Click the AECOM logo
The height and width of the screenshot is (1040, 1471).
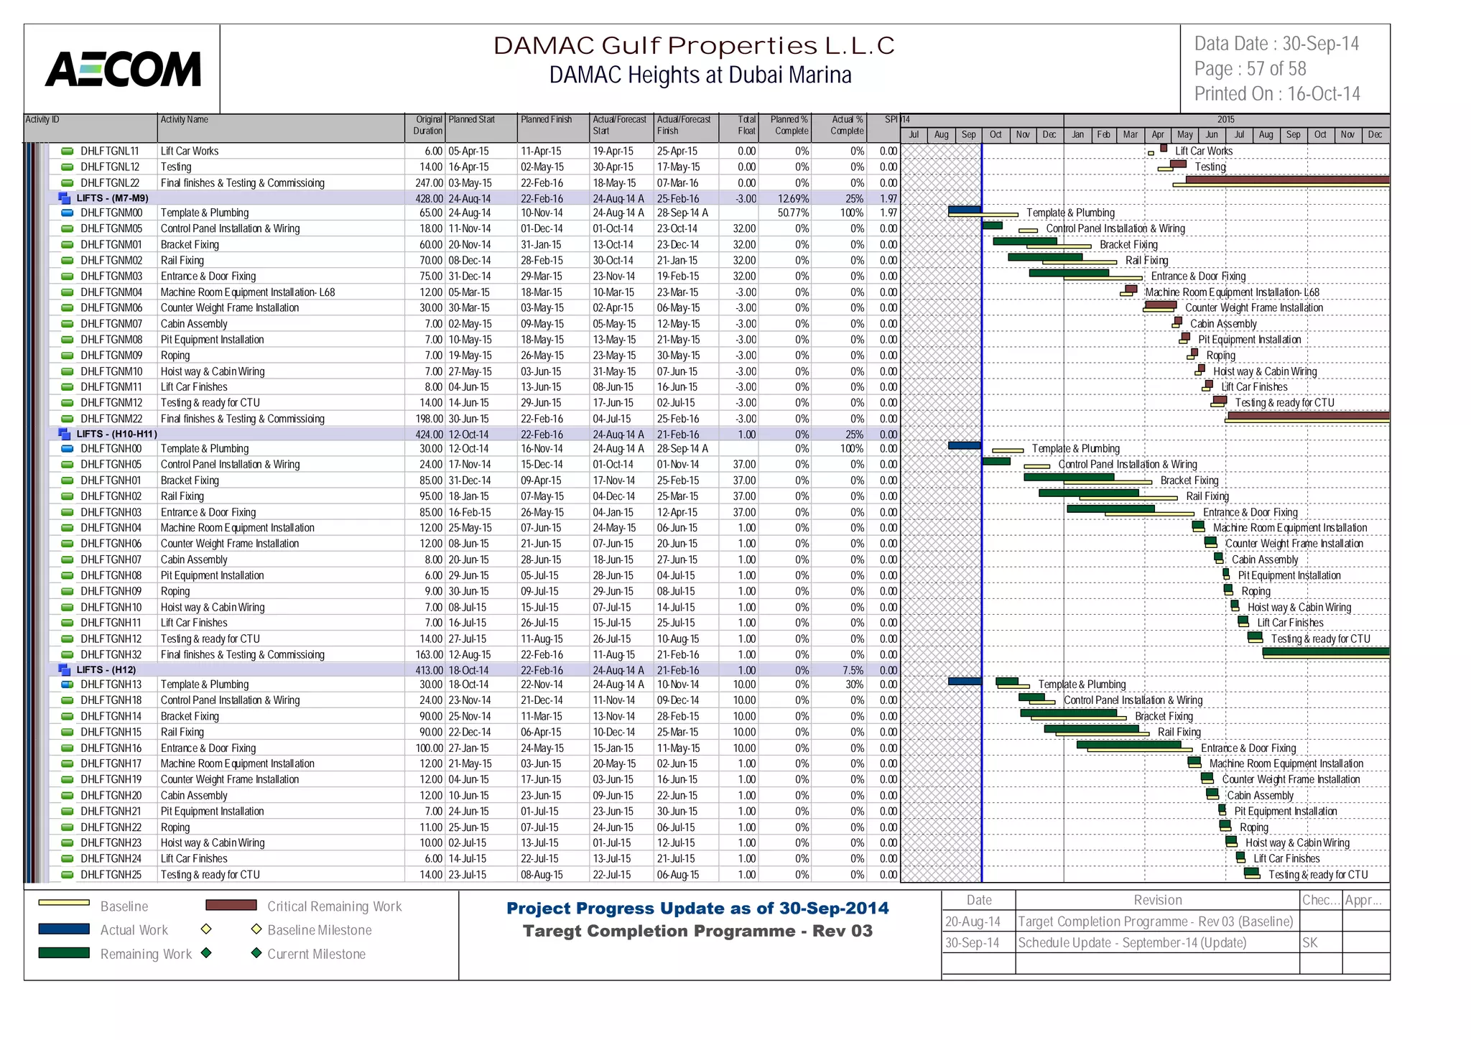(x=123, y=69)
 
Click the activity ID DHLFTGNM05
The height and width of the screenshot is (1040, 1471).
(x=111, y=228)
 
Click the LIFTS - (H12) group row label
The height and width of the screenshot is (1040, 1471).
(x=106, y=669)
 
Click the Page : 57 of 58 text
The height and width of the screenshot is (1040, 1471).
(x=1250, y=69)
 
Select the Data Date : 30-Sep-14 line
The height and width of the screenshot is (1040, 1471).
(x=1276, y=44)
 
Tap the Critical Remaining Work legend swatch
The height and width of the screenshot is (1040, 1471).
(x=231, y=905)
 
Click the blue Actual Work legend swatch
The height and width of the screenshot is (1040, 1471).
(x=64, y=929)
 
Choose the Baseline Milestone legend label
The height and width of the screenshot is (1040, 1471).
(x=319, y=930)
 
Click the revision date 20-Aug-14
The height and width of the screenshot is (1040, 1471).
(x=973, y=921)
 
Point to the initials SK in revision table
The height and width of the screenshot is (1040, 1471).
(x=1310, y=943)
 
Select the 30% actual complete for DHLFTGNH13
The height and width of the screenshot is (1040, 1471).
(x=854, y=684)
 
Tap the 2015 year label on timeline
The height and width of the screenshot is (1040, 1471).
(x=1225, y=119)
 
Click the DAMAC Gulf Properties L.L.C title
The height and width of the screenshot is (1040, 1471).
(x=694, y=46)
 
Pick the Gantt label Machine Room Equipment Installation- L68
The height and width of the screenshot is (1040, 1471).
(x=1232, y=292)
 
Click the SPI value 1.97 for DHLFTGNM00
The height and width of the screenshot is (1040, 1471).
(x=888, y=213)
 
